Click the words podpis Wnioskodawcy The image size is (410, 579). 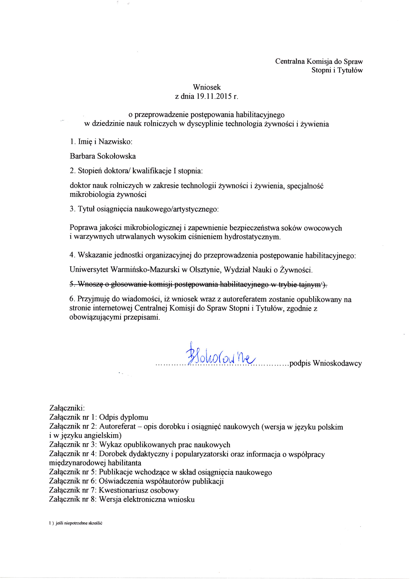(x=326, y=363)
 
